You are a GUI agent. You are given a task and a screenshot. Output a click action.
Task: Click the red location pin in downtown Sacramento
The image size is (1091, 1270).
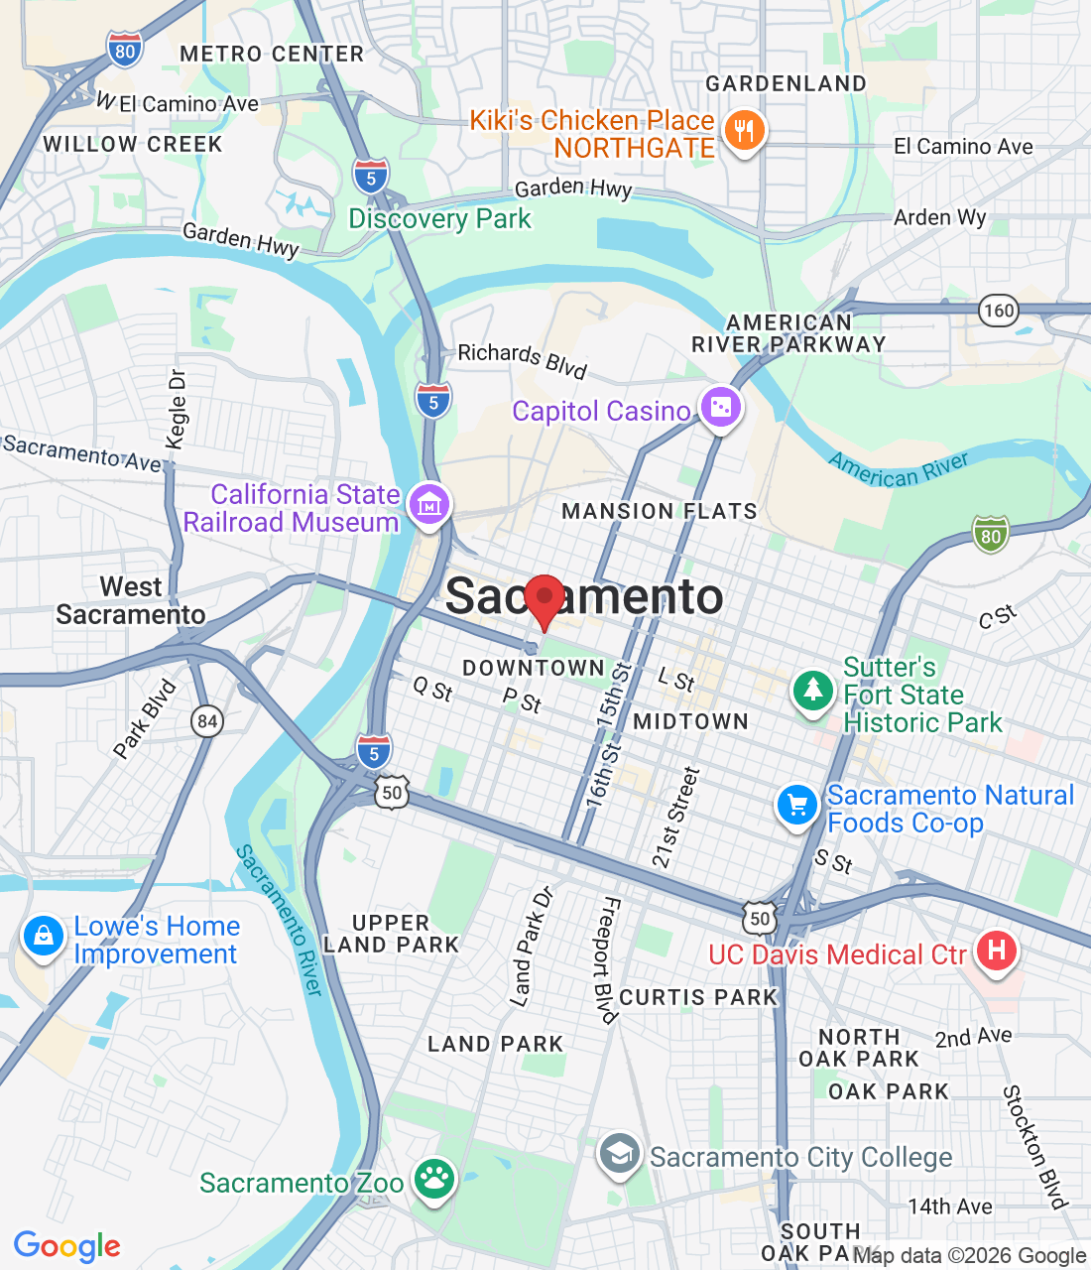click(x=544, y=599)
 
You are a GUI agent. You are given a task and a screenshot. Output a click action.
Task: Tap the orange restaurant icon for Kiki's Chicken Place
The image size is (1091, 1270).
click(x=744, y=131)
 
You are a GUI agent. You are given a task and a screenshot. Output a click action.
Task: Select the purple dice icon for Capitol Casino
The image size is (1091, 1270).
click(x=721, y=407)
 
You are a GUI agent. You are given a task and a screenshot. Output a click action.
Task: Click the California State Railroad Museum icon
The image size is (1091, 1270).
click(x=428, y=504)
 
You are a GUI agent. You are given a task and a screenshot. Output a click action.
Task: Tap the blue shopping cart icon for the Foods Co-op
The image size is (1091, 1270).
click(x=797, y=805)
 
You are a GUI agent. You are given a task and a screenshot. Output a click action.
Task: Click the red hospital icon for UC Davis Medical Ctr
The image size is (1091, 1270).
click(x=997, y=951)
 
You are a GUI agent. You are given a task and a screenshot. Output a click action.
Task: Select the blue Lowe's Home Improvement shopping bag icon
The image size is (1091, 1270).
click(x=43, y=935)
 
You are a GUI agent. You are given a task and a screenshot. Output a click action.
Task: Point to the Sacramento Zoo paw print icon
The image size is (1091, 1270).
click(x=433, y=1179)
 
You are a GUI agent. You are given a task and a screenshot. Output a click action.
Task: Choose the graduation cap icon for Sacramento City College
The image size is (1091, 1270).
click(x=620, y=1155)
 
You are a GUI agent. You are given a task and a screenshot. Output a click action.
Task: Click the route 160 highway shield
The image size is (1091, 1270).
click(x=999, y=311)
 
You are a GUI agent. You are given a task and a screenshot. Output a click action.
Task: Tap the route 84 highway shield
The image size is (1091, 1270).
click(x=207, y=721)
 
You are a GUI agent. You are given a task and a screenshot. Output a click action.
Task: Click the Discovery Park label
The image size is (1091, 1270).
click(x=439, y=218)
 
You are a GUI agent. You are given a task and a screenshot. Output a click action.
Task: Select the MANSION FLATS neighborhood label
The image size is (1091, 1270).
click(x=660, y=511)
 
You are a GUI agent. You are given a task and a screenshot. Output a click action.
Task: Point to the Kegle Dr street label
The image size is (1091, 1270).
click(x=178, y=409)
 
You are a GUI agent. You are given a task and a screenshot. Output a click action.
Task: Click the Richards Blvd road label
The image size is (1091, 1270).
click(x=523, y=359)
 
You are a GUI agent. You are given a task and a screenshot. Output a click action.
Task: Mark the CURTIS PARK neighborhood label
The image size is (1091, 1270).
click(x=698, y=997)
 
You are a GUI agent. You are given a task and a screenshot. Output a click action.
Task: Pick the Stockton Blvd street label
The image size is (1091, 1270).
click(x=1034, y=1147)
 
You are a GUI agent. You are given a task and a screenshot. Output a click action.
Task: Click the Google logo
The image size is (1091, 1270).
click(x=67, y=1246)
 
